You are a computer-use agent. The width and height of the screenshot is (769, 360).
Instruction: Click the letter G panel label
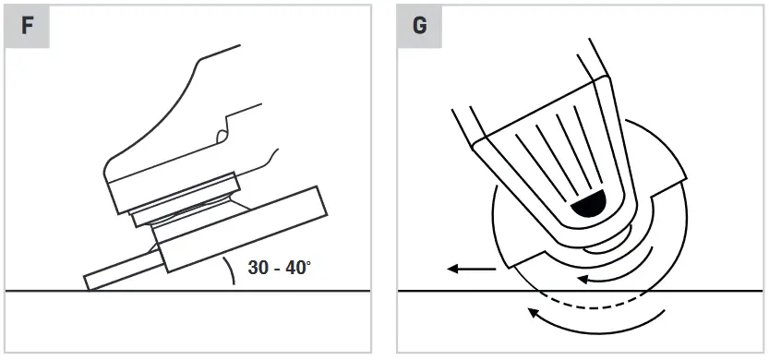pyautogui.click(x=419, y=25)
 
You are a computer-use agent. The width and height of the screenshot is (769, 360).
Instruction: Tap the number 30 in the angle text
pyautogui.click(x=258, y=269)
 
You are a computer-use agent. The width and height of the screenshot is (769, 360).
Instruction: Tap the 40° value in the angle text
pyautogui.click(x=298, y=269)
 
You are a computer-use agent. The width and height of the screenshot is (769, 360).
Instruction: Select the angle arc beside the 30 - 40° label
pyautogui.click(x=228, y=274)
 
